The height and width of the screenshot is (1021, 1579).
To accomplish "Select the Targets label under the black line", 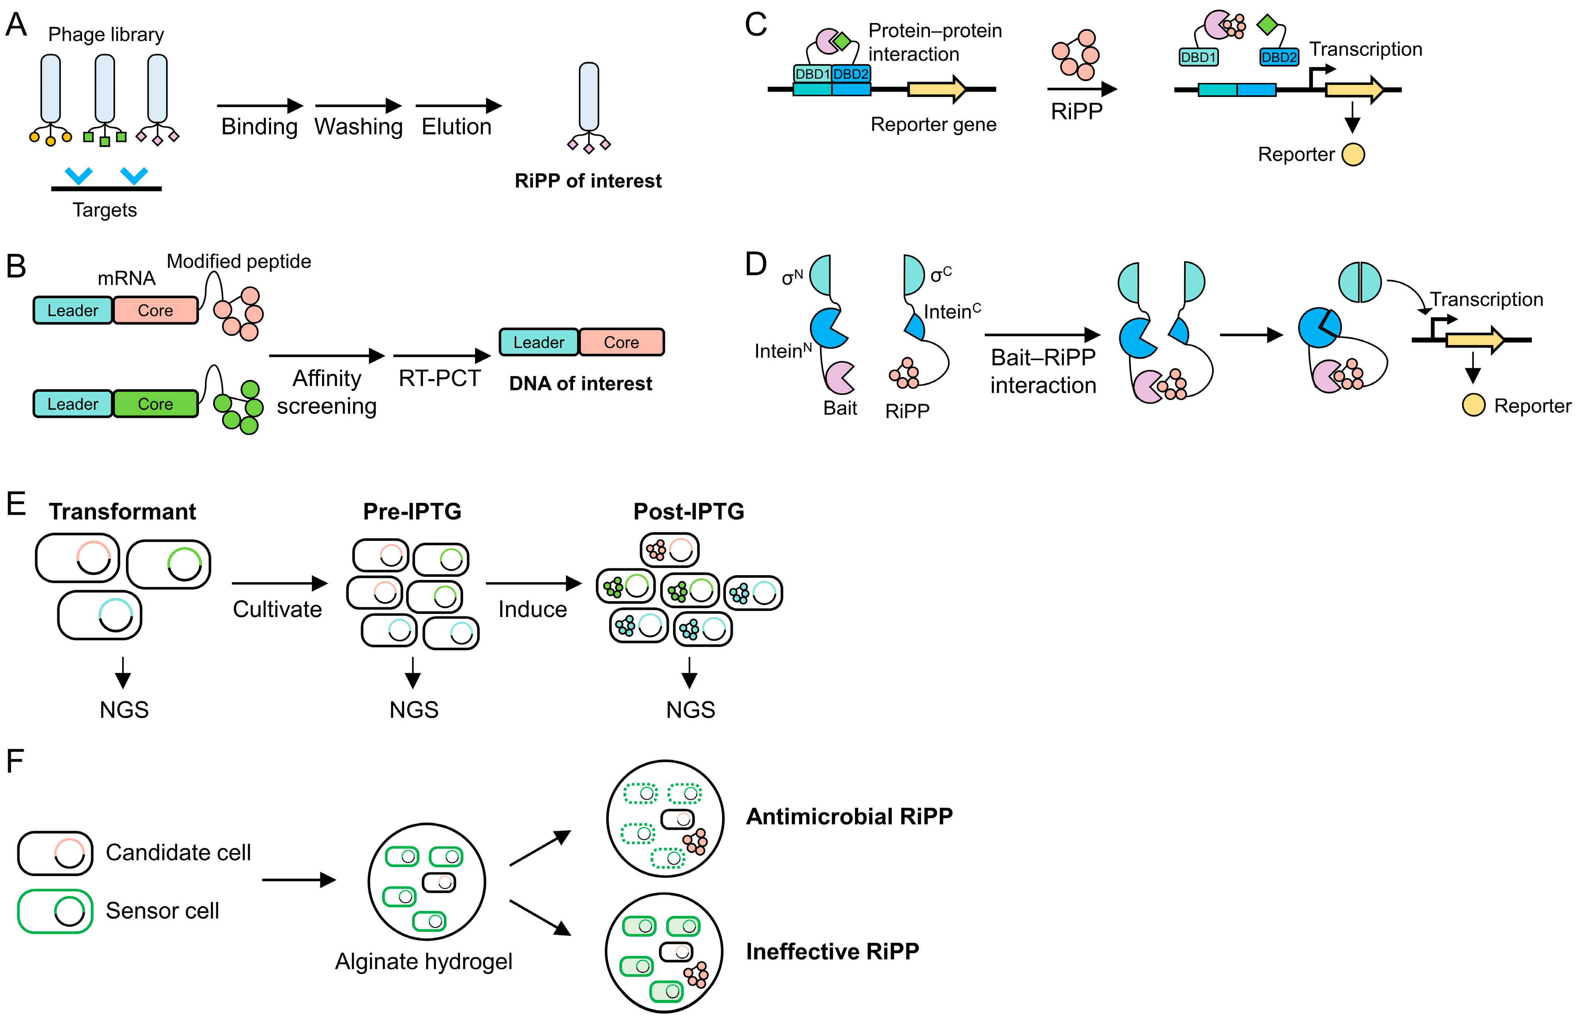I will tap(105, 210).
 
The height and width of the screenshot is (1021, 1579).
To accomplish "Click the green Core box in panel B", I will tap(155, 404).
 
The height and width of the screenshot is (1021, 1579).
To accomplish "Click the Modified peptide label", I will tap(239, 261).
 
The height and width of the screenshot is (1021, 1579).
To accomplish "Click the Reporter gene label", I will tap(933, 125).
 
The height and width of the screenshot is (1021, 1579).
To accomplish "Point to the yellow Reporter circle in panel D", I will tap(1473, 405).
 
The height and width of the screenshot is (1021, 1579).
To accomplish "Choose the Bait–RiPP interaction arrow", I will tap(1042, 335).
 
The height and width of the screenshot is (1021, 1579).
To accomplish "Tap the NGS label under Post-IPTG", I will tap(690, 710).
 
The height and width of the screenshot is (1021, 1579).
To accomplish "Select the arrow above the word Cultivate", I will tap(280, 583).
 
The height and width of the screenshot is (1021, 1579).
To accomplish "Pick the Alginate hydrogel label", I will tap(424, 961).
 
